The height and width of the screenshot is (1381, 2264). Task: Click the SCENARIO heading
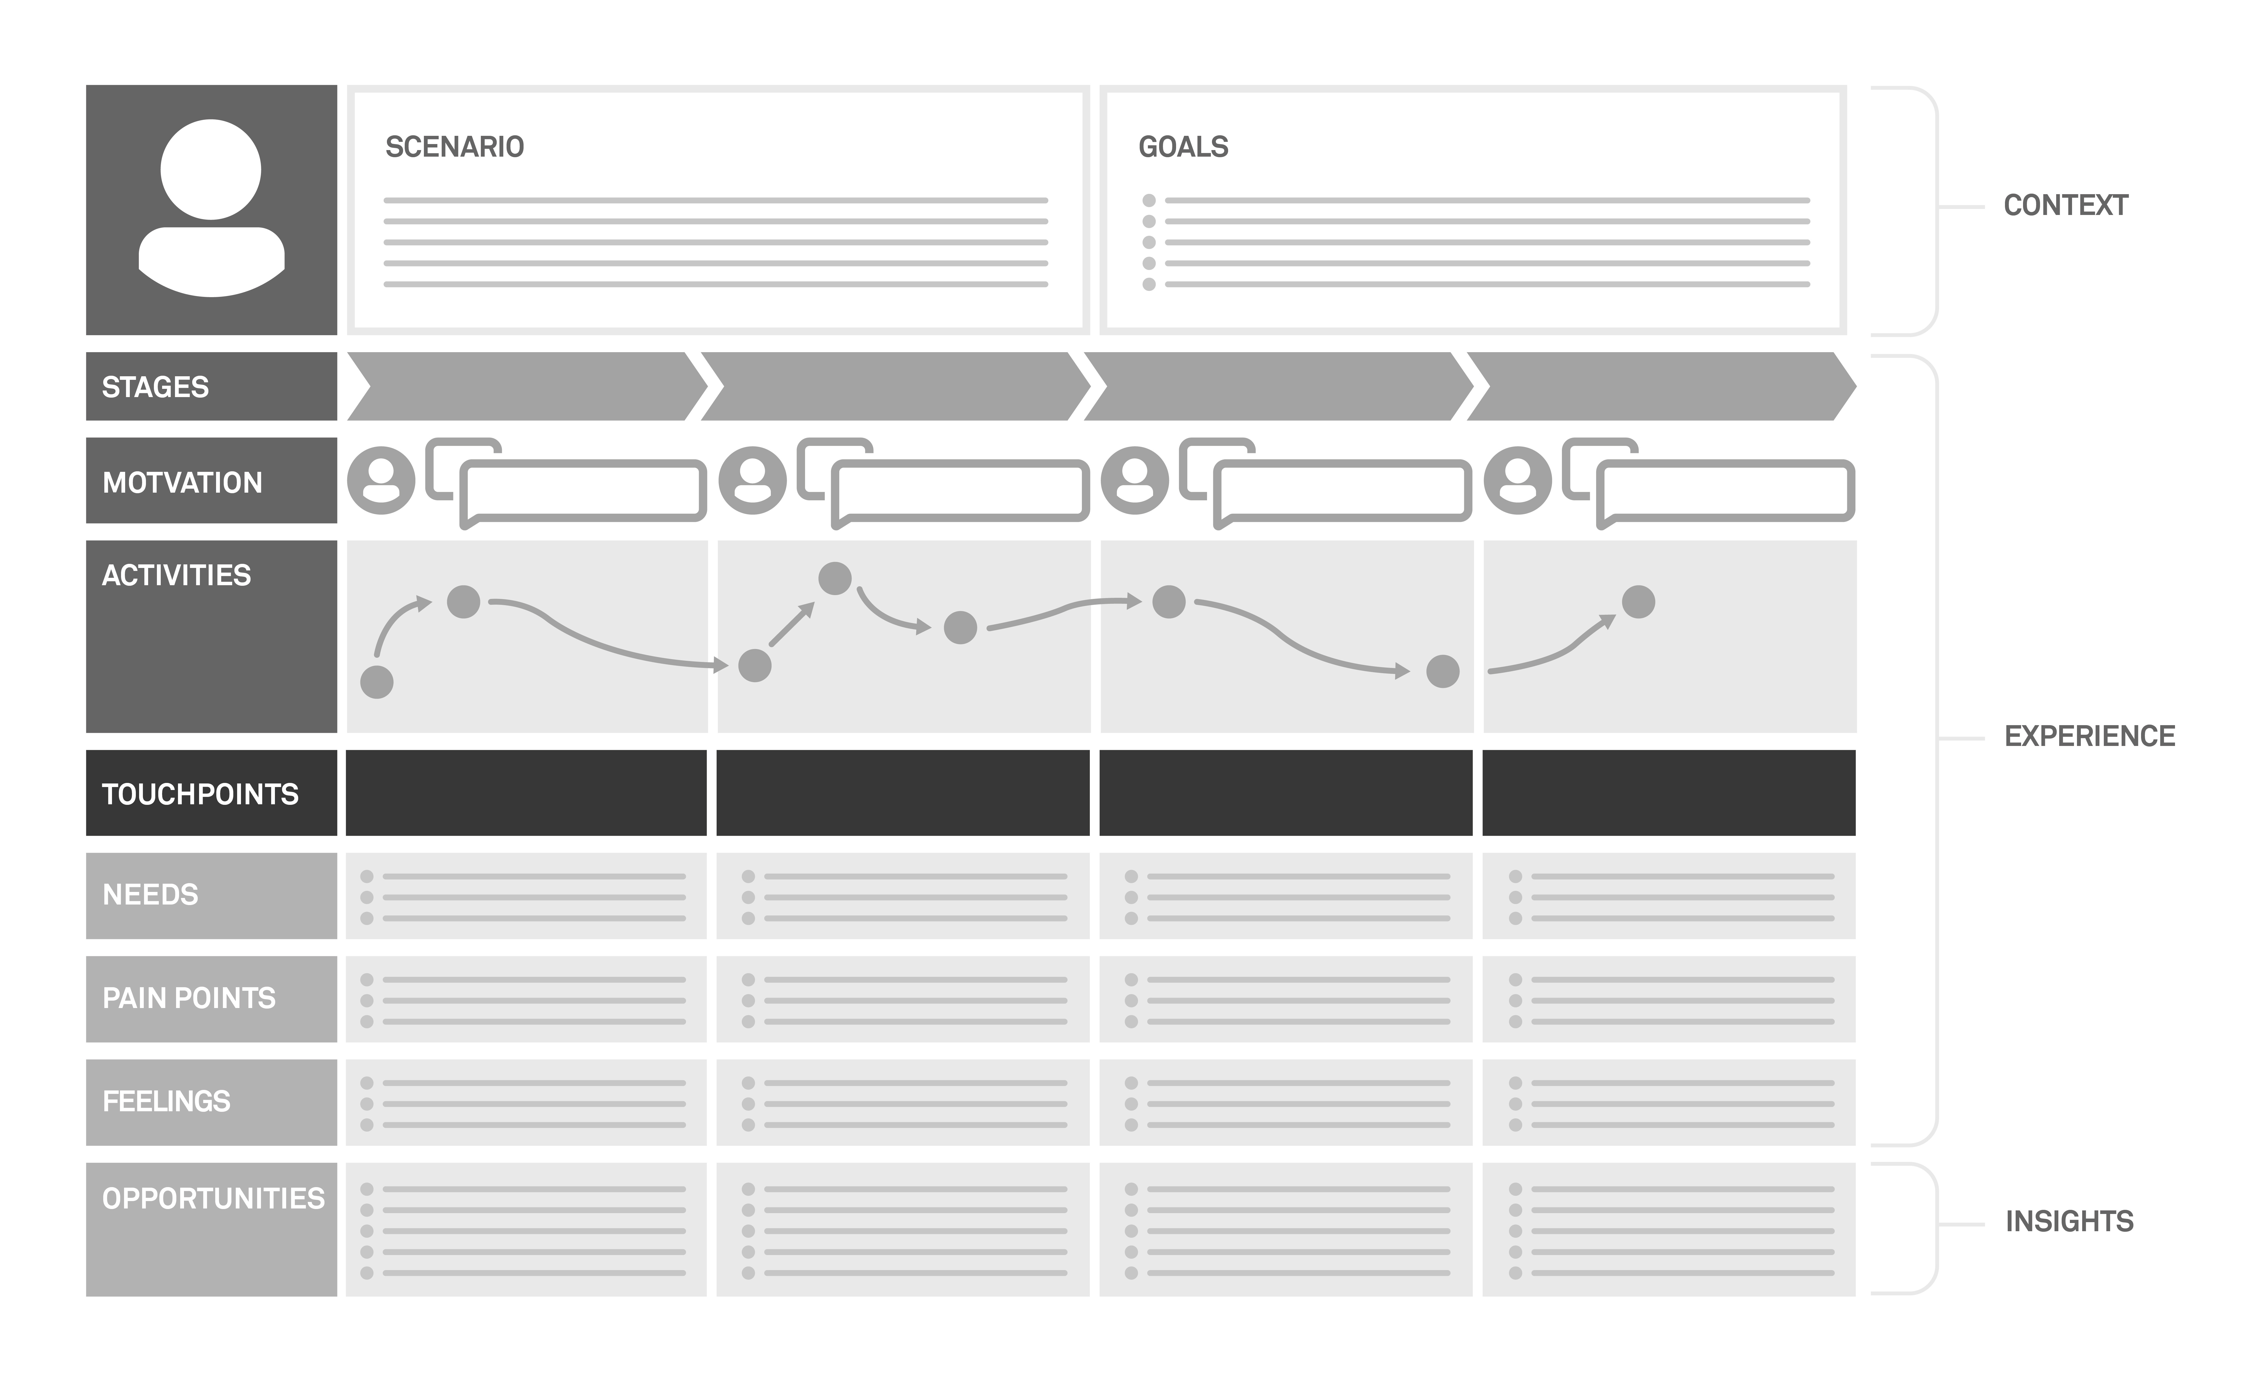coord(454,147)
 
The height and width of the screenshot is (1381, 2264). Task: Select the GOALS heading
coord(1183,147)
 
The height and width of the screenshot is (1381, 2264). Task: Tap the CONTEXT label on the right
coord(2065,205)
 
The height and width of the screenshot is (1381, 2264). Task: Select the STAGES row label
coord(155,387)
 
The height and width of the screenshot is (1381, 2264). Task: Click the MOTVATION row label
coord(182,483)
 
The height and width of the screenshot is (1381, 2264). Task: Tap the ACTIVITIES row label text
coord(176,575)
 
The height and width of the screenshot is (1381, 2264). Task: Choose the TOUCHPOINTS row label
coord(200,794)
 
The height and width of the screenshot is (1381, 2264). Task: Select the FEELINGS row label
coord(166,1101)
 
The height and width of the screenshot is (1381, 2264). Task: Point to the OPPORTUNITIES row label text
coord(213,1198)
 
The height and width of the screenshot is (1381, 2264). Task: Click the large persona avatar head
coord(211,170)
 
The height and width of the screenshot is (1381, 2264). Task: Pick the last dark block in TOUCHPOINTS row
coord(1669,793)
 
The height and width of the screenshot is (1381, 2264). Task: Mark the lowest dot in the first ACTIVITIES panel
coord(377,682)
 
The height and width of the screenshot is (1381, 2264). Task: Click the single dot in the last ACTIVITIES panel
coord(1638,602)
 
